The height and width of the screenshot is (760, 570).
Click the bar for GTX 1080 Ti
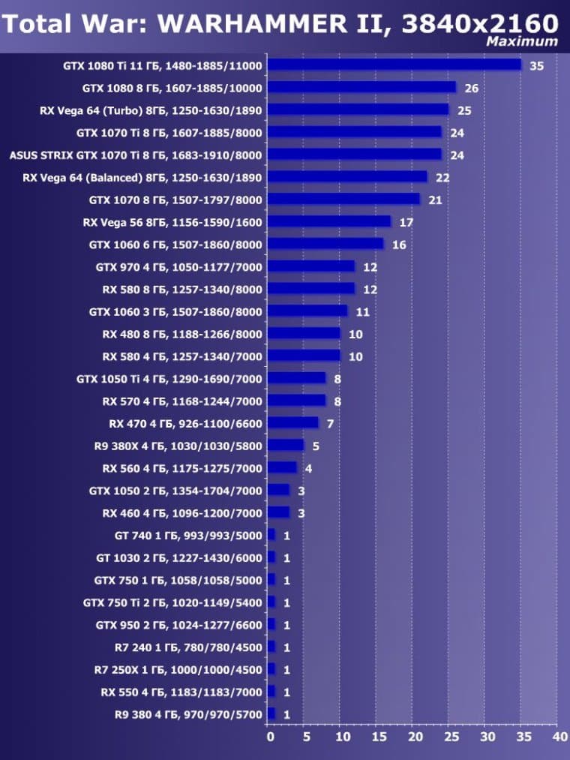394,65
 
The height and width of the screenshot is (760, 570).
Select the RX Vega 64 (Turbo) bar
358,110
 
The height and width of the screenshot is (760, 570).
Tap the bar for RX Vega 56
329,222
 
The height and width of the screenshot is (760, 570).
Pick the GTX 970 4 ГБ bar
311,266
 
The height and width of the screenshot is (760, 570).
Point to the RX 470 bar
293,423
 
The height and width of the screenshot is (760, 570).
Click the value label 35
536,66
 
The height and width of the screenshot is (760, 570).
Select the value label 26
472,89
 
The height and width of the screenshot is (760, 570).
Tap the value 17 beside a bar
406,223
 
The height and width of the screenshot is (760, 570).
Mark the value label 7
330,424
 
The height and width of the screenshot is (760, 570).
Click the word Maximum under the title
522,41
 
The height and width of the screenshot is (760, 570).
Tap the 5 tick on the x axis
306,737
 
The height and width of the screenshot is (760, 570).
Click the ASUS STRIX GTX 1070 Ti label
136,155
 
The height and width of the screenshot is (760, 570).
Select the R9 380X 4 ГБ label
178,446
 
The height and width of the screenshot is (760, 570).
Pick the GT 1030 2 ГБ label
179,558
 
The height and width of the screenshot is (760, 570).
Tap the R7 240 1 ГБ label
182,647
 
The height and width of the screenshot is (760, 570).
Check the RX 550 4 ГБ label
181,692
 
